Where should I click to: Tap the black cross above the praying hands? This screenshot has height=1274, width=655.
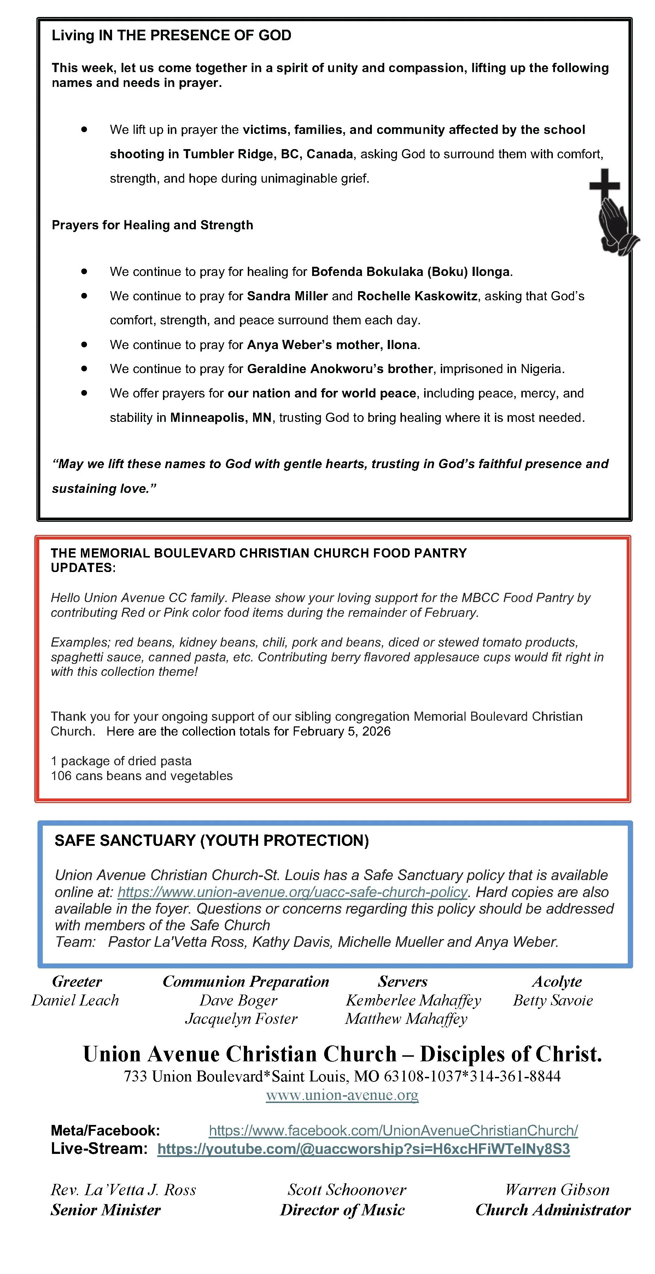604,185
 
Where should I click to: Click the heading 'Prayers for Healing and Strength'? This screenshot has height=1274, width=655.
152,225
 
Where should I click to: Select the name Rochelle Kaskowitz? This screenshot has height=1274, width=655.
417,296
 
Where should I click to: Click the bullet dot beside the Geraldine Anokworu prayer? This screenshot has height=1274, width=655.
84,368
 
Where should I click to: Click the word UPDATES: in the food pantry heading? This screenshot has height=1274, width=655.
83,568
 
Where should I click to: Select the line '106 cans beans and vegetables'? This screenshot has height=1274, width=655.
141,775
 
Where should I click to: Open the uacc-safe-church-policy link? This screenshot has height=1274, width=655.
292,892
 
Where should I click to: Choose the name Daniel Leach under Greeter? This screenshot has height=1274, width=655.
75,1000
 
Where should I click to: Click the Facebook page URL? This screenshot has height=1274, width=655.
393,1130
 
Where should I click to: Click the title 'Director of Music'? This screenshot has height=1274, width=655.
342,1210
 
